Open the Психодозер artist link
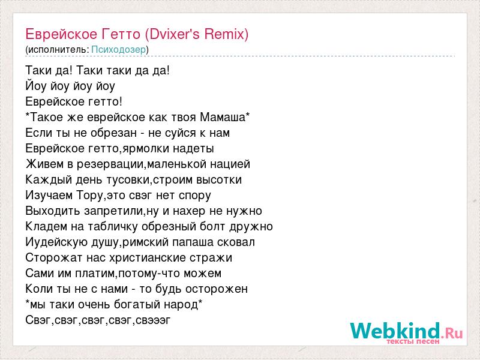(118, 50)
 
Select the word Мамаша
(223, 117)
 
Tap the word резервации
(110, 164)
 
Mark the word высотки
(219, 179)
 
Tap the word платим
(95, 274)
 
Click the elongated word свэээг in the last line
(153, 320)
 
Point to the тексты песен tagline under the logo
(413, 341)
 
